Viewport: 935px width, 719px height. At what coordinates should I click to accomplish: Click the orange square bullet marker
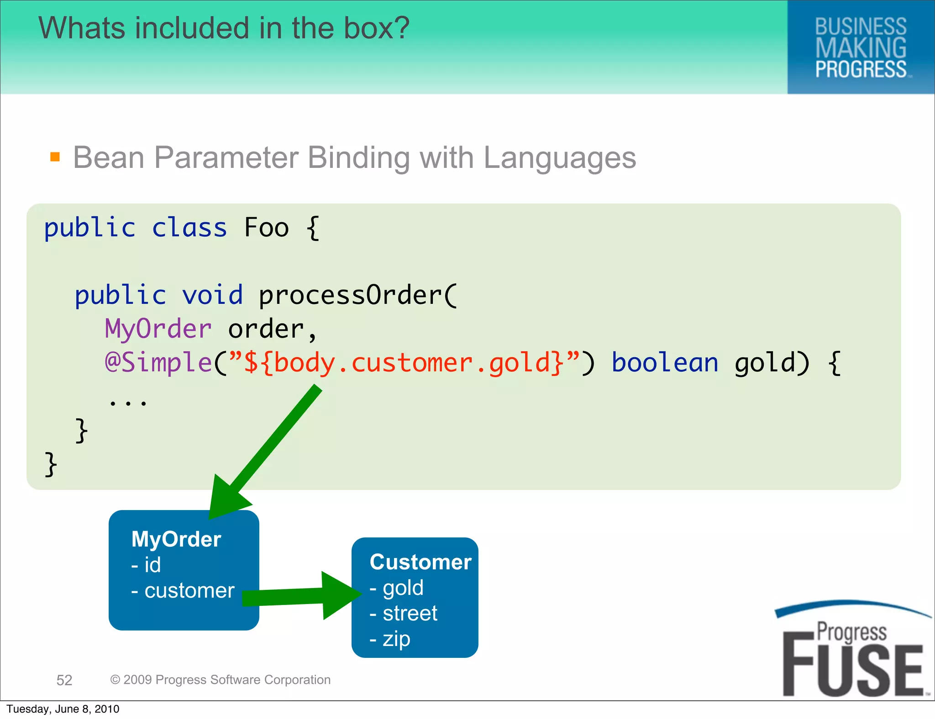tap(55, 157)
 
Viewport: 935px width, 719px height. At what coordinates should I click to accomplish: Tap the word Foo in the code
tap(267, 228)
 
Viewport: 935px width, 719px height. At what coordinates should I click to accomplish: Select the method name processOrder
tap(357, 295)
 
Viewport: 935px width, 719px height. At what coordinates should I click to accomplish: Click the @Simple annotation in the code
tap(158, 363)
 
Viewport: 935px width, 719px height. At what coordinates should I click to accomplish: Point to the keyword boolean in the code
tap(665, 363)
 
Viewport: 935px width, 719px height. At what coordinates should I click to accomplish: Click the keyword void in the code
tap(212, 295)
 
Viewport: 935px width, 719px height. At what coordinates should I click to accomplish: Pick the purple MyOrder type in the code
tap(158, 329)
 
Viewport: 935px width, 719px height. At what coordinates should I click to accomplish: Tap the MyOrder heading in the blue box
tap(176, 539)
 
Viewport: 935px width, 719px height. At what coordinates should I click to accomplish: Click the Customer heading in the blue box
tap(420, 562)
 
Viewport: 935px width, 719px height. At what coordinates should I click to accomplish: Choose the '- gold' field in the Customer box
tap(397, 588)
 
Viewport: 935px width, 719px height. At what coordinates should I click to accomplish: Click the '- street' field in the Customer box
tap(404, 613)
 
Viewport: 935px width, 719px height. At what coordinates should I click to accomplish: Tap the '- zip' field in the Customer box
tap(390, 639)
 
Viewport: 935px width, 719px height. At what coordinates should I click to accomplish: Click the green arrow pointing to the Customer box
tap(301, 596)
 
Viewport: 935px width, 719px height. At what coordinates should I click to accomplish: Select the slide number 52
tap(64, 680)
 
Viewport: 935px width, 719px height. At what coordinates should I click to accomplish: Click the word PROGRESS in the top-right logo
tap(861, 69)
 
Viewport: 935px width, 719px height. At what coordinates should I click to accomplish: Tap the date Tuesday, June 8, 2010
tap(63, 709)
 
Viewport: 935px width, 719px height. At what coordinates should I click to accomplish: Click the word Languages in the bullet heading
tap(560, 158)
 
